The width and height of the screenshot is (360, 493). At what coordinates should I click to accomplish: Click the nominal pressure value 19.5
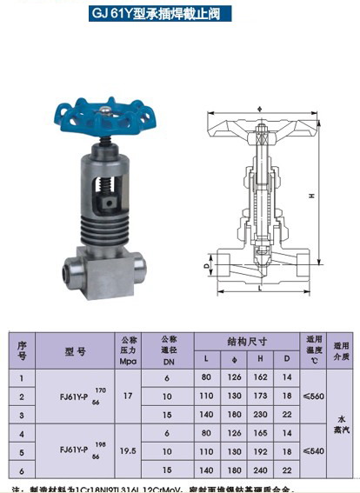tap(129, 452)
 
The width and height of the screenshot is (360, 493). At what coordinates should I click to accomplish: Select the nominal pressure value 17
tap(129, 396)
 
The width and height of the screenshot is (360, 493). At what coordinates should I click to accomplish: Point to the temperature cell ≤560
tap(313, 396)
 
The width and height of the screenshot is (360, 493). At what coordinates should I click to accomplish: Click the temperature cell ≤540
tap(313, 452)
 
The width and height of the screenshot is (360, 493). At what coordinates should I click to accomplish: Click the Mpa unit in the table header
tap(129, 361)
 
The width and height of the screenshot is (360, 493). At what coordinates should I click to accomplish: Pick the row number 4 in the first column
tap(22, 432)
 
